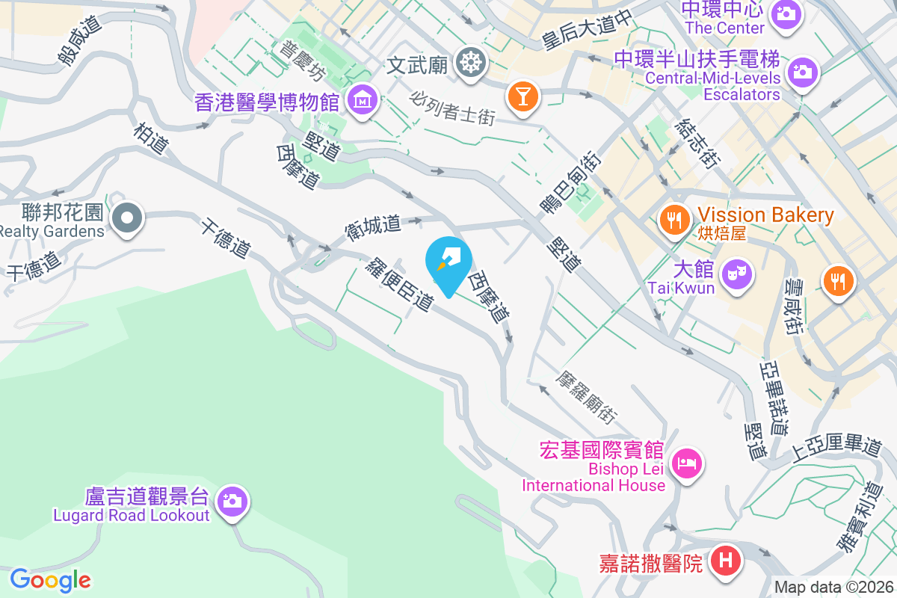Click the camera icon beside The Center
coord(785,13)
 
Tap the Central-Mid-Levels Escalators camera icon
coord(804,72)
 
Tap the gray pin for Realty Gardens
coord(127,218)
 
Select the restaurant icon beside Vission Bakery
coord(674,219)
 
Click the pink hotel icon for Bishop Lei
coord(687,463)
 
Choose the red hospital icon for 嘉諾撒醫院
coord(725,559)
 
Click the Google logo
coord(50,579)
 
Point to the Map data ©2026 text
coord(833,588)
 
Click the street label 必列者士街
coord(453,108)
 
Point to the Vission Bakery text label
coord(766,215)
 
